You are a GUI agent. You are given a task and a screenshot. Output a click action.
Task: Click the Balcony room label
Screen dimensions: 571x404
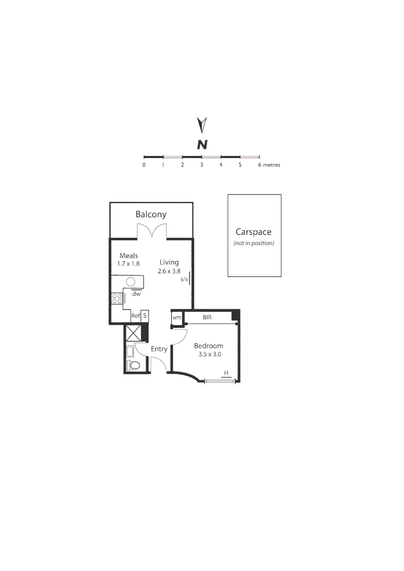tap(151, 214)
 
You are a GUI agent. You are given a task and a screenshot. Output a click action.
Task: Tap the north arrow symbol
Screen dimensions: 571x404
tap(201, 125)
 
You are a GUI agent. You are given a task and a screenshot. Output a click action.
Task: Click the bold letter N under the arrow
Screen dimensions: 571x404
tap(201, 144)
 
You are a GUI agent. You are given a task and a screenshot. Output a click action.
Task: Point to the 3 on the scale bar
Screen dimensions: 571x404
tap(201, 165)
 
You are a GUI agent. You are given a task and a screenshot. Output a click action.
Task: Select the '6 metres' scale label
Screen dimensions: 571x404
tap(269, 165)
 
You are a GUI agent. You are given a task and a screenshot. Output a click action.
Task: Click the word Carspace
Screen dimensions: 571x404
tap(254, 232)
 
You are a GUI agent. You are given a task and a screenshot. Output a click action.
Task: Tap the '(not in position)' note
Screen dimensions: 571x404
tap(254, 243)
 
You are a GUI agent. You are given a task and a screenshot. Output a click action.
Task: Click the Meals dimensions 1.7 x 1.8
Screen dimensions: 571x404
tap(128, 263)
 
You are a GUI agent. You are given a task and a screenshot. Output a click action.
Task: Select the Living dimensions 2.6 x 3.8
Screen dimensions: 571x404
tap(169, 271)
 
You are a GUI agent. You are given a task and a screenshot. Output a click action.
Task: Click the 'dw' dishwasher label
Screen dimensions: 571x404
tap(136, 293)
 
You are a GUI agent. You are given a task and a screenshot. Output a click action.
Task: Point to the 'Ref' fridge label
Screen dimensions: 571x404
tap(135, 316)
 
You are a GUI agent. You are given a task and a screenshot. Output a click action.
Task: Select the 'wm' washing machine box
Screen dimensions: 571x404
tap(177, 318)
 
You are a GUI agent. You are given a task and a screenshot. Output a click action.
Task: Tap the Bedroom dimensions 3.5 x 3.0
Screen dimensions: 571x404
tap(208, 354)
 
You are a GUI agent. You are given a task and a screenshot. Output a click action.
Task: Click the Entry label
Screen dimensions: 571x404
tap(159, 349)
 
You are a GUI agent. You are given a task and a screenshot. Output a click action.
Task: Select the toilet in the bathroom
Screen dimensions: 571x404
tap(133, 365)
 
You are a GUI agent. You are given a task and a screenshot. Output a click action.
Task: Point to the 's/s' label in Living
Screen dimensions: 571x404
tap(184, 279)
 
